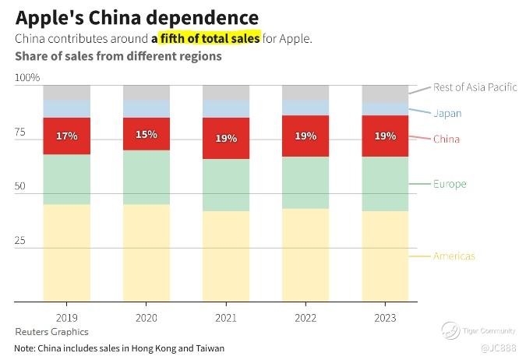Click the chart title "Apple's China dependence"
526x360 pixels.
[x=137, y=17]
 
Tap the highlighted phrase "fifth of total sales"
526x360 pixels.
[x=210, y=37]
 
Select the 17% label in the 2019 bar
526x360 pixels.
[x=66, y=136]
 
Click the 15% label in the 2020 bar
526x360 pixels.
[x=147, y=134]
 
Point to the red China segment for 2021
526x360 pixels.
[x=226, y=138]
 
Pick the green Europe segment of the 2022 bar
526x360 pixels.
[x=305, y=182]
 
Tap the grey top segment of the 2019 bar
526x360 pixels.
[x=66, y=92]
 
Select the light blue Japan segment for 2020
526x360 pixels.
[x=147, y=108]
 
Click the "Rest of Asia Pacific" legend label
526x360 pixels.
[x=475, y=87]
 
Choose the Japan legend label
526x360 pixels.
[x=447, y=113]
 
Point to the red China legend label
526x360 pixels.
[x=447, y=139]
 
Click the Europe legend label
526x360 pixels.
[x=450, y=184]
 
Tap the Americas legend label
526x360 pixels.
[x=454, y=256]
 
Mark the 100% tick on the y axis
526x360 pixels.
[x=27, y=77]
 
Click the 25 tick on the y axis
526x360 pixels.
[x=21, y=241]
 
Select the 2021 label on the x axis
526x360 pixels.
[x=226, y=318]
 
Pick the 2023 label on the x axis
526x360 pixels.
[x=385, y=318]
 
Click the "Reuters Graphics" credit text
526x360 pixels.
[x=51, y=332]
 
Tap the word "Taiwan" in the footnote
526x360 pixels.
[x=209, y=348]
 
